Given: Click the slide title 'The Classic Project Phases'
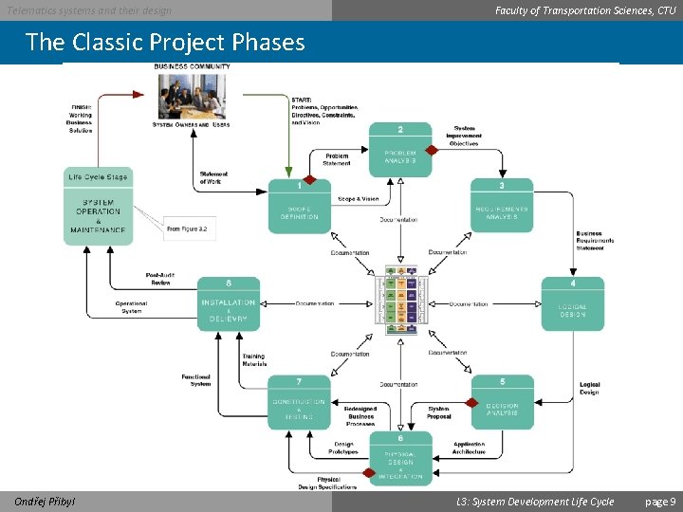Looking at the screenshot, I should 165,43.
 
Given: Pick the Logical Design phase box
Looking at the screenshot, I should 572,304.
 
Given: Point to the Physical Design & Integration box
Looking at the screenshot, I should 400,459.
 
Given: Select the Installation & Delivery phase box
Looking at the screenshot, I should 228,304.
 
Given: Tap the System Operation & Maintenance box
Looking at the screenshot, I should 99,215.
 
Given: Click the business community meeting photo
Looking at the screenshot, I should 192,95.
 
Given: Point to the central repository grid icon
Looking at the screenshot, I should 399,300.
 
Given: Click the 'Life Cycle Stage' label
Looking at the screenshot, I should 98,177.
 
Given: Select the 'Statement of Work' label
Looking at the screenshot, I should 213,177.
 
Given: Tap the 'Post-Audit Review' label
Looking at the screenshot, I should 158,278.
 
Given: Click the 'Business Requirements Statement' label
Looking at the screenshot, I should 595,241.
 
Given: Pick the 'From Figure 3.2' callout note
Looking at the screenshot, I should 187,229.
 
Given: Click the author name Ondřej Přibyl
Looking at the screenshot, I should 46,502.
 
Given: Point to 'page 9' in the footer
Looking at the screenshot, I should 660,502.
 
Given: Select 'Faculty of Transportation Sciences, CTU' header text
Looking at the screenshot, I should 585,10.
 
